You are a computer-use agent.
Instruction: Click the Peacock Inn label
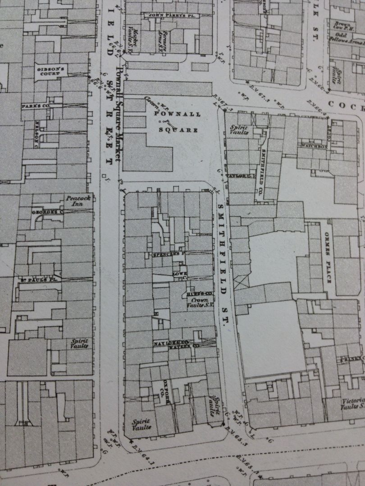[x=75, y=201]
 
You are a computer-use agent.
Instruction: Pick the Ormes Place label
[x=327, y=258]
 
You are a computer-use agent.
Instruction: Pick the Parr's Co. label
[x=35, y=106]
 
